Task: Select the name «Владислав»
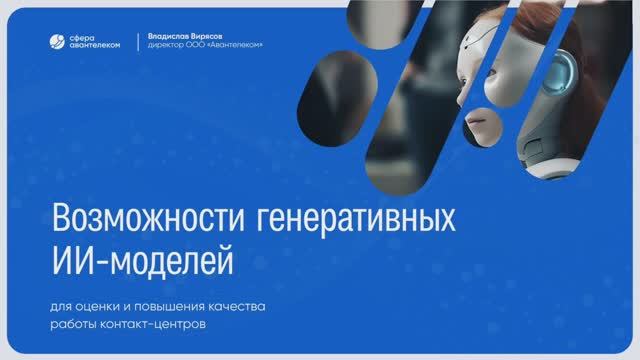click(x=165, y=34)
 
